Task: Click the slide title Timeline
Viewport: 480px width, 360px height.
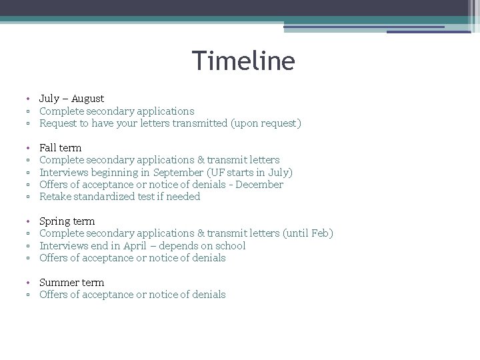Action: click(x=243, y=61)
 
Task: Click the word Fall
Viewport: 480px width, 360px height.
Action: click(x=49, y=148)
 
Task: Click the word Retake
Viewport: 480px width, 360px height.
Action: click(x=55, y=197)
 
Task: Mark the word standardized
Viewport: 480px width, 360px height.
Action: click(x=104, y=197)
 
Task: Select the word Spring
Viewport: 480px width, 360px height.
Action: click(x=53, y=221)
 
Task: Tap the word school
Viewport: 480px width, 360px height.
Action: click(x=229, y=245)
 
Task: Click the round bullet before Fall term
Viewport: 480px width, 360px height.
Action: click(x=29, y=148)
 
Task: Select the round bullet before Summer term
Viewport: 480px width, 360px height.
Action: click(x=29, y=282)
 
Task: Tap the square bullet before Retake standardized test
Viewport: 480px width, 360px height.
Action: click(x=29, y=197)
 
